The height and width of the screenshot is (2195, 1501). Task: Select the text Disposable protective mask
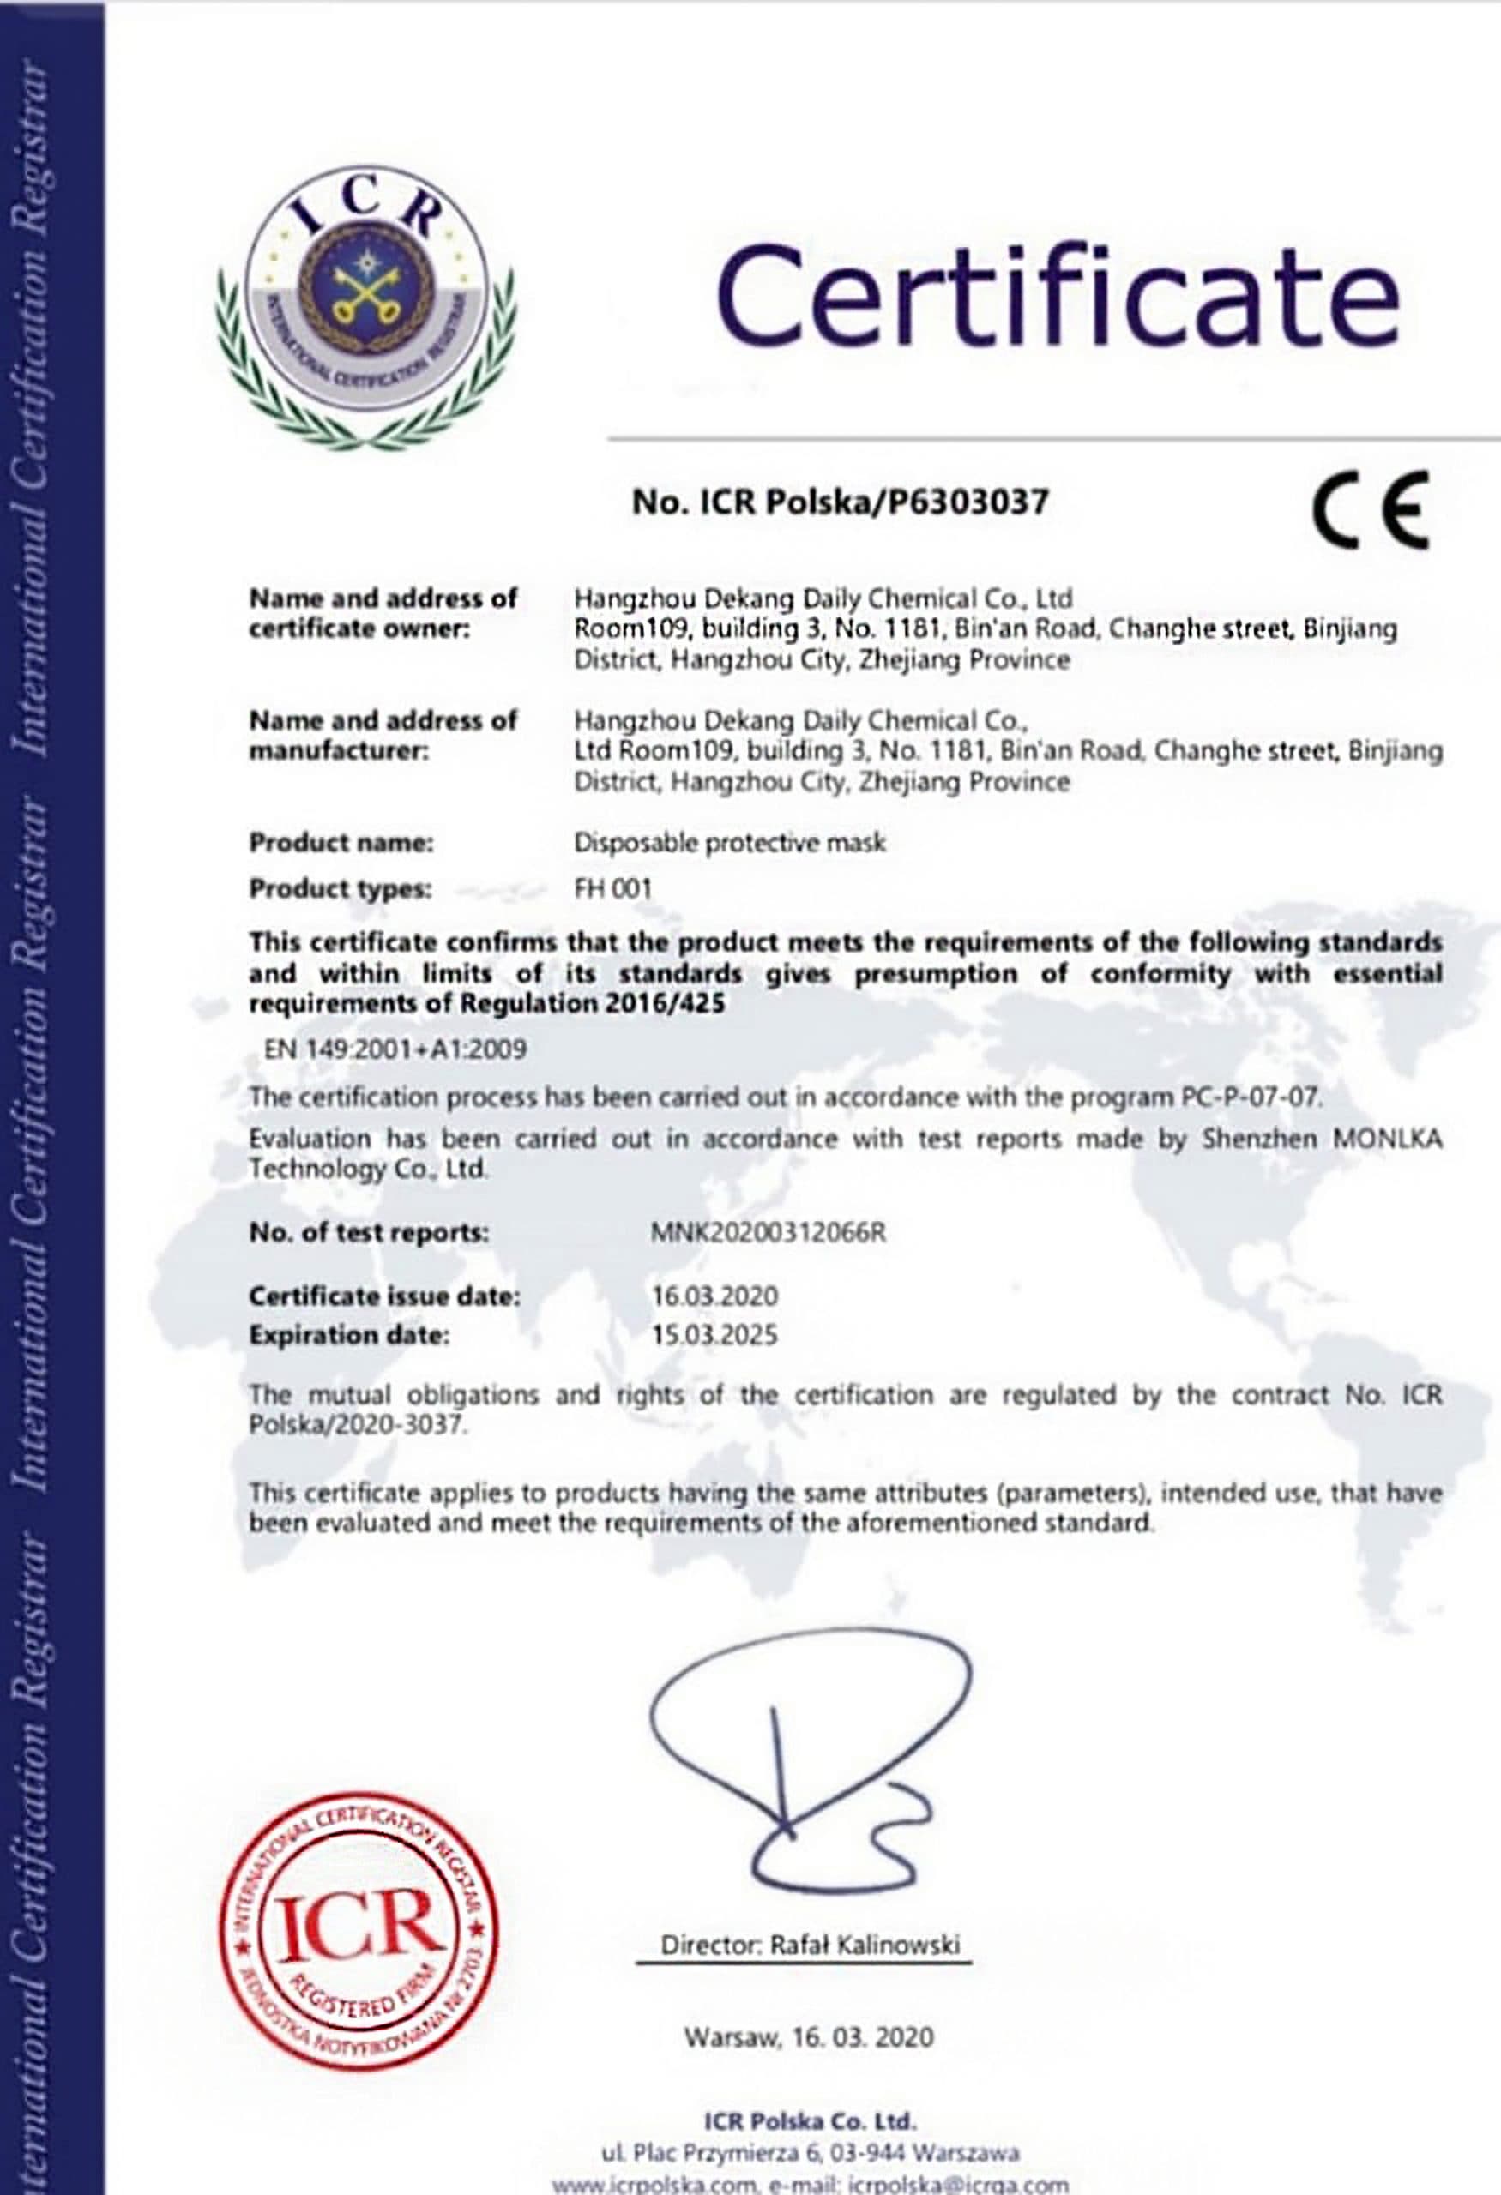(729, 843)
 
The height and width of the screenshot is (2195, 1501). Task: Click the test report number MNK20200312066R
(768, 1233)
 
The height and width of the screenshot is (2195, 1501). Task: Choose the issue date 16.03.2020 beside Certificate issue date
(714, 1295)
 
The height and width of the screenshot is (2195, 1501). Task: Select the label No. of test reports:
(369, 1233)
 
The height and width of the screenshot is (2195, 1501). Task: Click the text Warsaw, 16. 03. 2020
(809, 2037)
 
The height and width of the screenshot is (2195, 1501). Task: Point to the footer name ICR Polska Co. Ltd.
(810, 2120)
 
